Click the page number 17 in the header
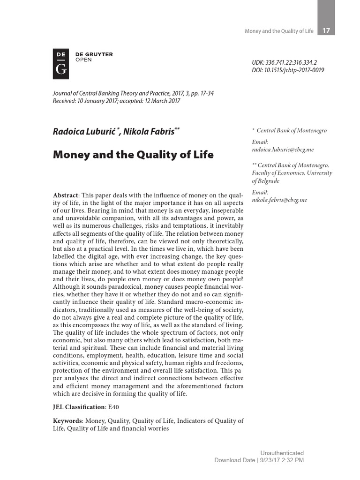point(326,31)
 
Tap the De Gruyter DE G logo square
point(61,64)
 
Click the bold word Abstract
point(66,195)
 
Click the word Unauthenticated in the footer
point(282,453)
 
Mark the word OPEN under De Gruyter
point(83,60)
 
